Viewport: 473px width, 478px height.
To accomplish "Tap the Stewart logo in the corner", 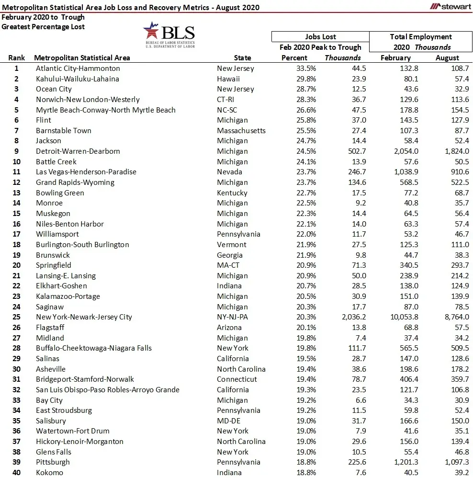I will pos(450,6).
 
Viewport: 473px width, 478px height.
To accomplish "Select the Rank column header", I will pos(17,58).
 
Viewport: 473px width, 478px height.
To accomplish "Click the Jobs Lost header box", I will pos(320,37).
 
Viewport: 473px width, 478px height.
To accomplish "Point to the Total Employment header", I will pos(421,37).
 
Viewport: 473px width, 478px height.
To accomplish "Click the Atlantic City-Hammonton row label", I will pos(78,68).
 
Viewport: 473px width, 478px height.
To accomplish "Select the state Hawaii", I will pos(228,79).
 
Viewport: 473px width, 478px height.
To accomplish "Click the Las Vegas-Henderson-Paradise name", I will pos(86,172).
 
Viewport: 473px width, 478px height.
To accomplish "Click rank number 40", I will pos(17,473).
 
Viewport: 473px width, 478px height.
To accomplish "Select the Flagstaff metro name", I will pos(50,328).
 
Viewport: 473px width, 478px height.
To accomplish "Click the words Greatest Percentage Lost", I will pos(43,27).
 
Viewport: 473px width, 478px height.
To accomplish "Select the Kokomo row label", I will pos(49,473).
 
